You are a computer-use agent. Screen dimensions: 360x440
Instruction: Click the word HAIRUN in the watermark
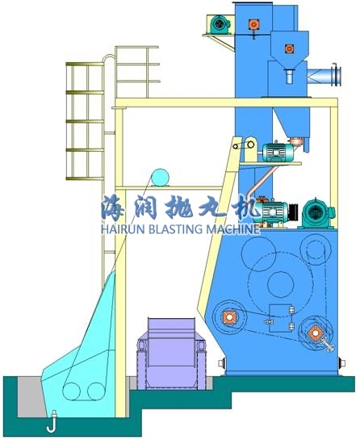pyautogui.click(x=122, y=229)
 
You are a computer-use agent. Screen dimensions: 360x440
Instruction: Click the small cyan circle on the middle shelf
pyautogui.click(x=160, y=177)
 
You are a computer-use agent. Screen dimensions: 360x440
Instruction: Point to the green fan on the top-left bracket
pyautogui.click(x=220, y=24)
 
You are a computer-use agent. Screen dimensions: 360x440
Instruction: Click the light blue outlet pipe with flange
pyautogui.click(x=324, y=74)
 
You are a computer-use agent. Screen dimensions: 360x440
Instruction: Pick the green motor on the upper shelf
pyautogui.click(x=278, y=152)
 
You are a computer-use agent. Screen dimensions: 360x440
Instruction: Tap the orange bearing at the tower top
pyautogui.click(x=253, y=25)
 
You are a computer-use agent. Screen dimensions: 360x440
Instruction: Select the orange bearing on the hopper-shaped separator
pyautogui.click(x=289, y=48)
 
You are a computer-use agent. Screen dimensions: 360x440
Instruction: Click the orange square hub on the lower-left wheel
pyautogui.click(x=229, y=317)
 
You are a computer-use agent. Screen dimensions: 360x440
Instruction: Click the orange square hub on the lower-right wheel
pyautogui.click(x=315, y=333)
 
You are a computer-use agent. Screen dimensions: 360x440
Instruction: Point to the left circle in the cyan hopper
pyautogui.click(x=71, y=392)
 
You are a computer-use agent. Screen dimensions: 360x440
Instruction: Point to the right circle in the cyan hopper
pyautogui.click(x=96, y=392)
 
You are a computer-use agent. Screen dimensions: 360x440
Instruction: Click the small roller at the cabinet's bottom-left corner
pyautogui.click(x=222, y=363)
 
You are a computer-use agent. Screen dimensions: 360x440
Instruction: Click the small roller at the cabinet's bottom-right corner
pyautogui.click(x=341, y=362)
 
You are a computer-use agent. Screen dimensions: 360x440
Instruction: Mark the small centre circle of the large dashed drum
pyautogui.click(x=281, y=283)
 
